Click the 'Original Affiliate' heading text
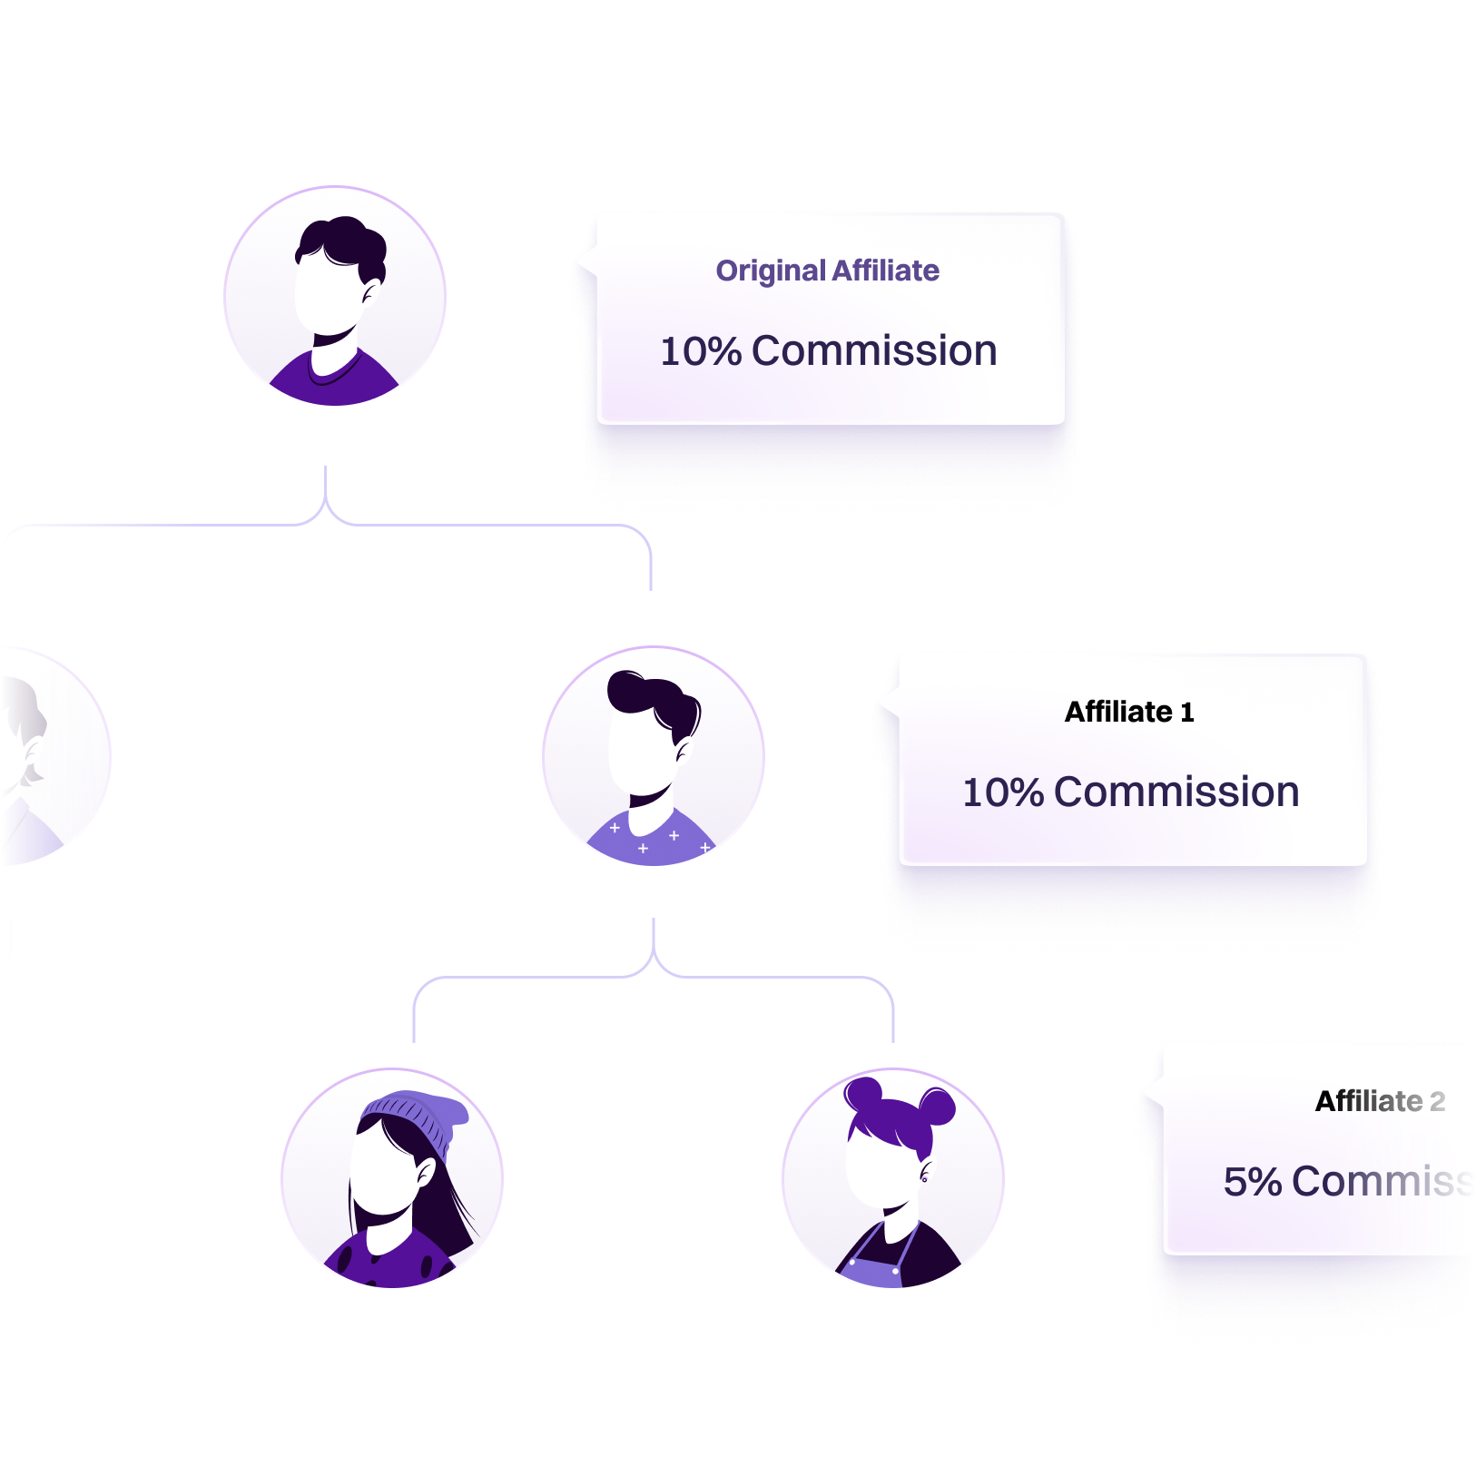pos(827,271)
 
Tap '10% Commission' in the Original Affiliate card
pos(828,351)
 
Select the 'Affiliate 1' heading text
pos(1129,712)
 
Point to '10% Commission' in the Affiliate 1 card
pos(1130,792)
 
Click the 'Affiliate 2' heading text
pos(1380,1101)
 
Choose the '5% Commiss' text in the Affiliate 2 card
pos(1348,1181)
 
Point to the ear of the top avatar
pos(369,292)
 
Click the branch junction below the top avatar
pos(325,508)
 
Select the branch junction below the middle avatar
pos(654,960)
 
